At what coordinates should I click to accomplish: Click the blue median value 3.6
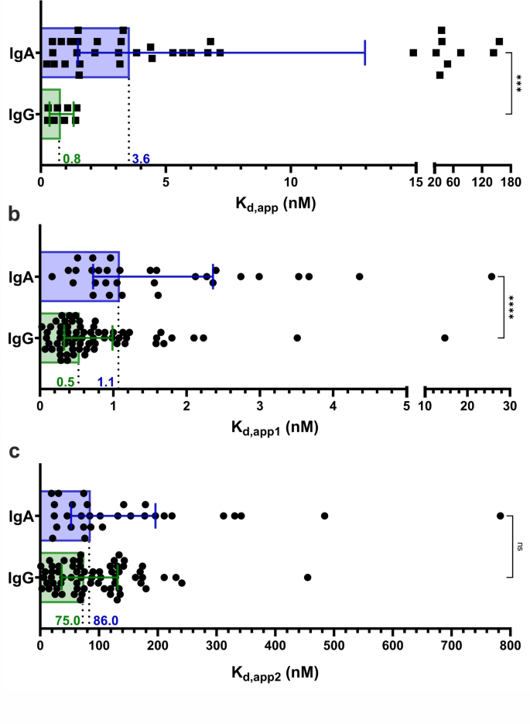pyautogui.click(x=141, y=160)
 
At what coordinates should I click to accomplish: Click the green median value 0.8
pyautogui.click(x=72, y=160)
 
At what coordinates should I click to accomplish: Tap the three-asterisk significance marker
pyautogui.click(x=518, y=83)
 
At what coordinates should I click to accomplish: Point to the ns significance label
pyautogui.click(x=518, y=546)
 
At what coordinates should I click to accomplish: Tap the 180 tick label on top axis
pyautogui.click(x=510, y=182)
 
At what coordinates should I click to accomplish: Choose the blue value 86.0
pyautogui.click(x=106, y=620)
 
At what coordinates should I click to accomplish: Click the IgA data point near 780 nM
pyautogui.click(x=501, y=516)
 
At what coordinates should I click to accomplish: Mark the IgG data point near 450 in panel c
pyautogui.click(x=308, y=577)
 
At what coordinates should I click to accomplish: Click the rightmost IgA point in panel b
pyautogui.click(x=491, y=276)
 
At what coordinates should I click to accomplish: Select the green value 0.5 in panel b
pyautogui.click(x=66, y=382)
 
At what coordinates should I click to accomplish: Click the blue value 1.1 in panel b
pyautogui.click(x=106, y=382)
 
